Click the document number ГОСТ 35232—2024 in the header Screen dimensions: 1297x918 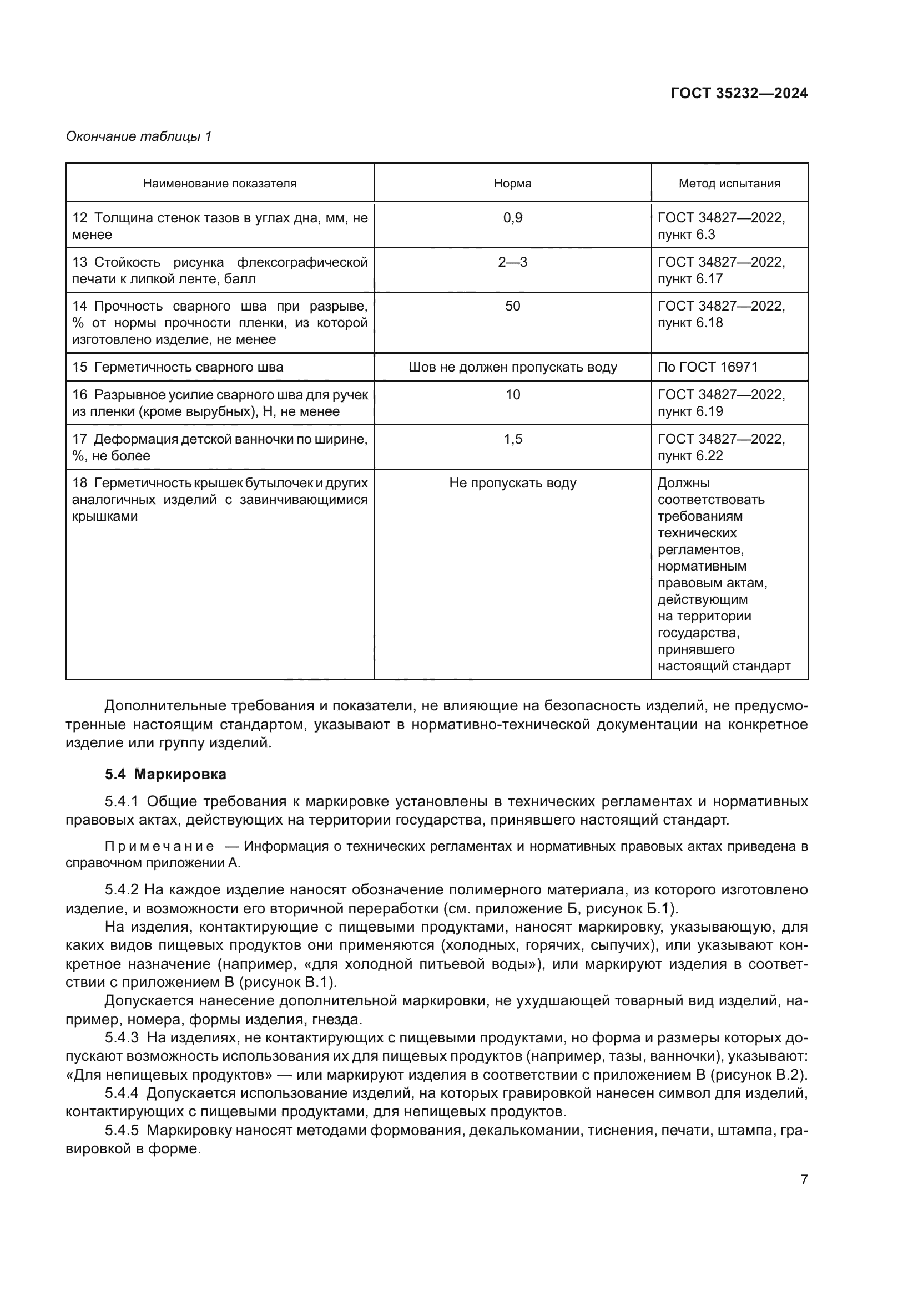[739, 93]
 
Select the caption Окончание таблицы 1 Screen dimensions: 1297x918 [139, 136]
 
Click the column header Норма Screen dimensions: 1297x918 [512, 183]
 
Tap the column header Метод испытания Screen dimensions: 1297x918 [729, 183]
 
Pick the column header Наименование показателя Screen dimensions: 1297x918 [219, 183]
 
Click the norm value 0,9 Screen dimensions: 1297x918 [512, 218]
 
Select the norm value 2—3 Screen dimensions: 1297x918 [512, 262]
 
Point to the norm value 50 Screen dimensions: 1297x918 [512, 306]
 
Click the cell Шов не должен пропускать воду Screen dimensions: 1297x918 [512, 367]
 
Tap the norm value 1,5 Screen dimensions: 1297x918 [512, 439]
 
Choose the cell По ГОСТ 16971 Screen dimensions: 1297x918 [707, 367]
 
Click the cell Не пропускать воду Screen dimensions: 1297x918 [512, 483]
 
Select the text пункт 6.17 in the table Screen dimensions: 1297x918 [690, 279]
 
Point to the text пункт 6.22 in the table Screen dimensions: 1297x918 [690, 456]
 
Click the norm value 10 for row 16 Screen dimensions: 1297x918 [512, 395]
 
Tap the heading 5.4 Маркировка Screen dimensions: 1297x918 [165, 774]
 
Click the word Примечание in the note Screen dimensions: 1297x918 [159, 846]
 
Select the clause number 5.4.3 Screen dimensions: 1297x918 [122, 1037]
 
